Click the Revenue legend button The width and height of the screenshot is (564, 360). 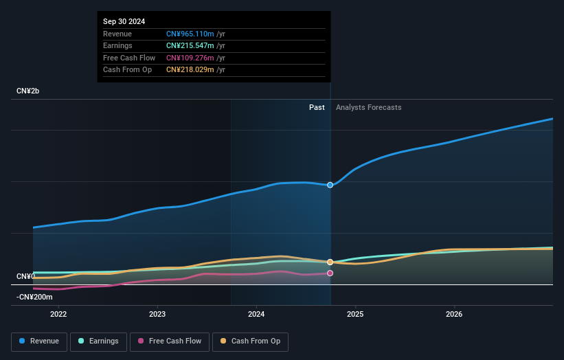tap(39, 341)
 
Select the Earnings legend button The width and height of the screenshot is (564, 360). tap(98, 341)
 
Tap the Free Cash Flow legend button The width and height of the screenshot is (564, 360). tap(170, 341)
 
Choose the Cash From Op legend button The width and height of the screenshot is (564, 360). tap(250, 341)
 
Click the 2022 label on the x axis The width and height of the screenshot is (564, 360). tap(58, 315)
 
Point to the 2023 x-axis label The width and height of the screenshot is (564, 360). tap(157, 315)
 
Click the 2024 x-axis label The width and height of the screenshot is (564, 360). tap(256, 315)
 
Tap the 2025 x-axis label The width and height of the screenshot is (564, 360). tap(355, 315)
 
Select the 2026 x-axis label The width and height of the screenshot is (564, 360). tap(454, 315)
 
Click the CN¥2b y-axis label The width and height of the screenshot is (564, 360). tap(29, 91)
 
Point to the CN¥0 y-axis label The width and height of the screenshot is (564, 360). tap(25, 276)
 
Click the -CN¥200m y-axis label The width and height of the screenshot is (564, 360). tap(34, 297)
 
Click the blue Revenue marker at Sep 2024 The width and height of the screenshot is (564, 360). tap(330, 185)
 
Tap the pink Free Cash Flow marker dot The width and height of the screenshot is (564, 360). tap(330, 273)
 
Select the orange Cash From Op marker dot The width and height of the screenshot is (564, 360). tap(330, 262)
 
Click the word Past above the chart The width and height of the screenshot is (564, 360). tap(317, 107)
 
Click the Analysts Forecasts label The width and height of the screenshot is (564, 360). tap(369, 107)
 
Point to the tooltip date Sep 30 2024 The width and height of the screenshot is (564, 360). tap(124, 22)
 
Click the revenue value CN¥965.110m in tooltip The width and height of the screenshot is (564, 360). tap(190, 34)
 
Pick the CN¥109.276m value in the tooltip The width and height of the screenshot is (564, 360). tap(190, 58)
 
